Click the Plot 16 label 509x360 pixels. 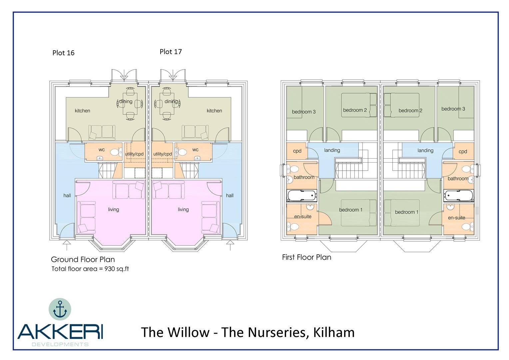[63, 53]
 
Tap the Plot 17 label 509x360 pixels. [171, 52]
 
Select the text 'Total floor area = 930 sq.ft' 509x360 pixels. [90, 269]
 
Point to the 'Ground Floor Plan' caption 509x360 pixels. [83, 259]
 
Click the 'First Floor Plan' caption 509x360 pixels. [306, 257]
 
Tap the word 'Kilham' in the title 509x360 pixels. [334, 332]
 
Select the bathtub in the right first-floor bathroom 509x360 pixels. [458, 196]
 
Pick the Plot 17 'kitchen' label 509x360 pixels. [214, 111]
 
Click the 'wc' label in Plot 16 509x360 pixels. [102, 150]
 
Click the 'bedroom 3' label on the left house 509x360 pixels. [303, 112]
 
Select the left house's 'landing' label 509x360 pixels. [332, 150]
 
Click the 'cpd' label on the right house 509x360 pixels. [463, 151]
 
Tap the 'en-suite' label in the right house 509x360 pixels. [456, 218]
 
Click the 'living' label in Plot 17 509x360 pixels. [183, 209]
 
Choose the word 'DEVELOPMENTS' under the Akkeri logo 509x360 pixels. [60, 344]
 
